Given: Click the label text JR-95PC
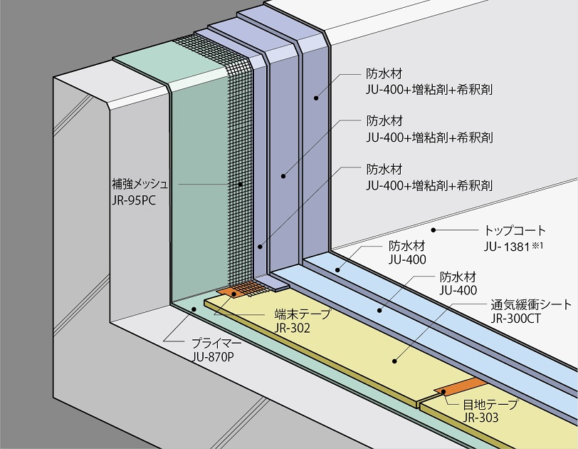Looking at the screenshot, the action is pos(133,200).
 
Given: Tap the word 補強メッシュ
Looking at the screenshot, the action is pos(140,184).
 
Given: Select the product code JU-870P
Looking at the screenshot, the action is pos(213,357).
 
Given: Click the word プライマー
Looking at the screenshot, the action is pos(216,344).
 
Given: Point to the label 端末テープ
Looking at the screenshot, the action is pos(303,314).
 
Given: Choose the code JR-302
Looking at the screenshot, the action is pos(292,328).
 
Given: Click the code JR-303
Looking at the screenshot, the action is pos(480,418).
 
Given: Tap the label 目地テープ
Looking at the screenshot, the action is pos(490,404).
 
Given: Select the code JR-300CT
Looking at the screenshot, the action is pos(515,319).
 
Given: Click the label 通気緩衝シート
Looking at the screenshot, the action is pos(531,305).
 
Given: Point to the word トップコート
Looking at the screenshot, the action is pos(515,231).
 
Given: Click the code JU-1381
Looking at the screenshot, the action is pos(507,247).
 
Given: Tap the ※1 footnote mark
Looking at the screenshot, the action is pos(537,244).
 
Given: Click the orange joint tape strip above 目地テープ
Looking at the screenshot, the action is pos(461,387).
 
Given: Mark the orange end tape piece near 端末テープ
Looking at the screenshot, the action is pos(231,291).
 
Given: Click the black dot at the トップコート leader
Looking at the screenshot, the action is pos(433,230).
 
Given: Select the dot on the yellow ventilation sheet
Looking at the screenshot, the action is pos(395,361).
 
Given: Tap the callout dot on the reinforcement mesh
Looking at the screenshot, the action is pos(240,184).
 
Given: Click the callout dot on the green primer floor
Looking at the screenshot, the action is pos(193,309).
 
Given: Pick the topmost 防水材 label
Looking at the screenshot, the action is pos(384,74).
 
